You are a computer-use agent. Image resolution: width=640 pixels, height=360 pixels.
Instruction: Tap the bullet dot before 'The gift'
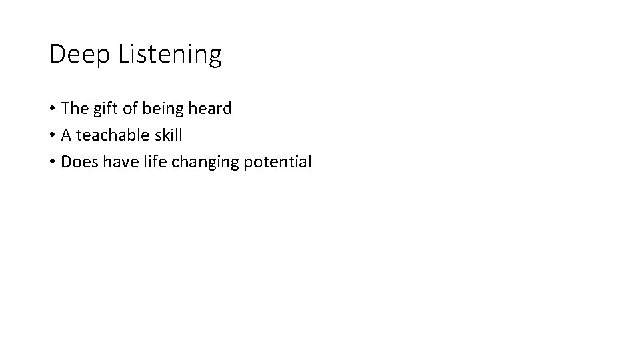click(x=53, y=109)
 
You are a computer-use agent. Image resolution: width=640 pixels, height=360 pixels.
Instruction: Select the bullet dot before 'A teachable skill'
click(x=53, y=135)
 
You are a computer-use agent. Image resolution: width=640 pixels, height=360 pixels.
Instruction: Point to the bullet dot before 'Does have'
click(x=53, y=162)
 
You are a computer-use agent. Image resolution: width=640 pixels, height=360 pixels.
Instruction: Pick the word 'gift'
click(x=107, y=108)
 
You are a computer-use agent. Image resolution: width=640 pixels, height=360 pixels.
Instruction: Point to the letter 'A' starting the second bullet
click(x=67, y=135)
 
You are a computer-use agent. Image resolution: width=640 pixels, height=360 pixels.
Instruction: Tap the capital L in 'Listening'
click(x=124, y=55)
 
